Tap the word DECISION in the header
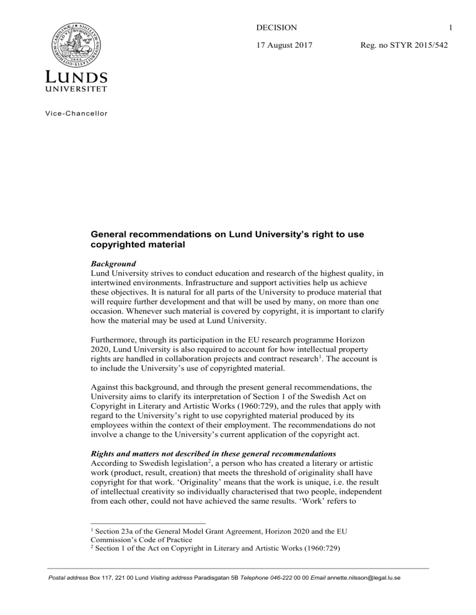coord(276,27)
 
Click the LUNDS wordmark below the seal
coord(76,78)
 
